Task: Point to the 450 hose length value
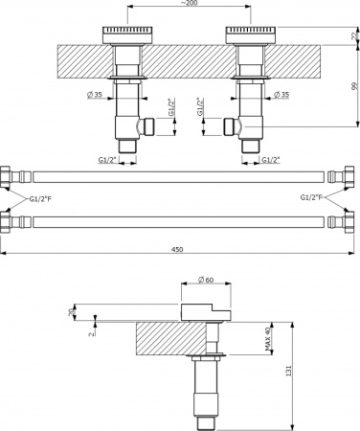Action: point(178,248)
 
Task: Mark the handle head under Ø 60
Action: point(205,308)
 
